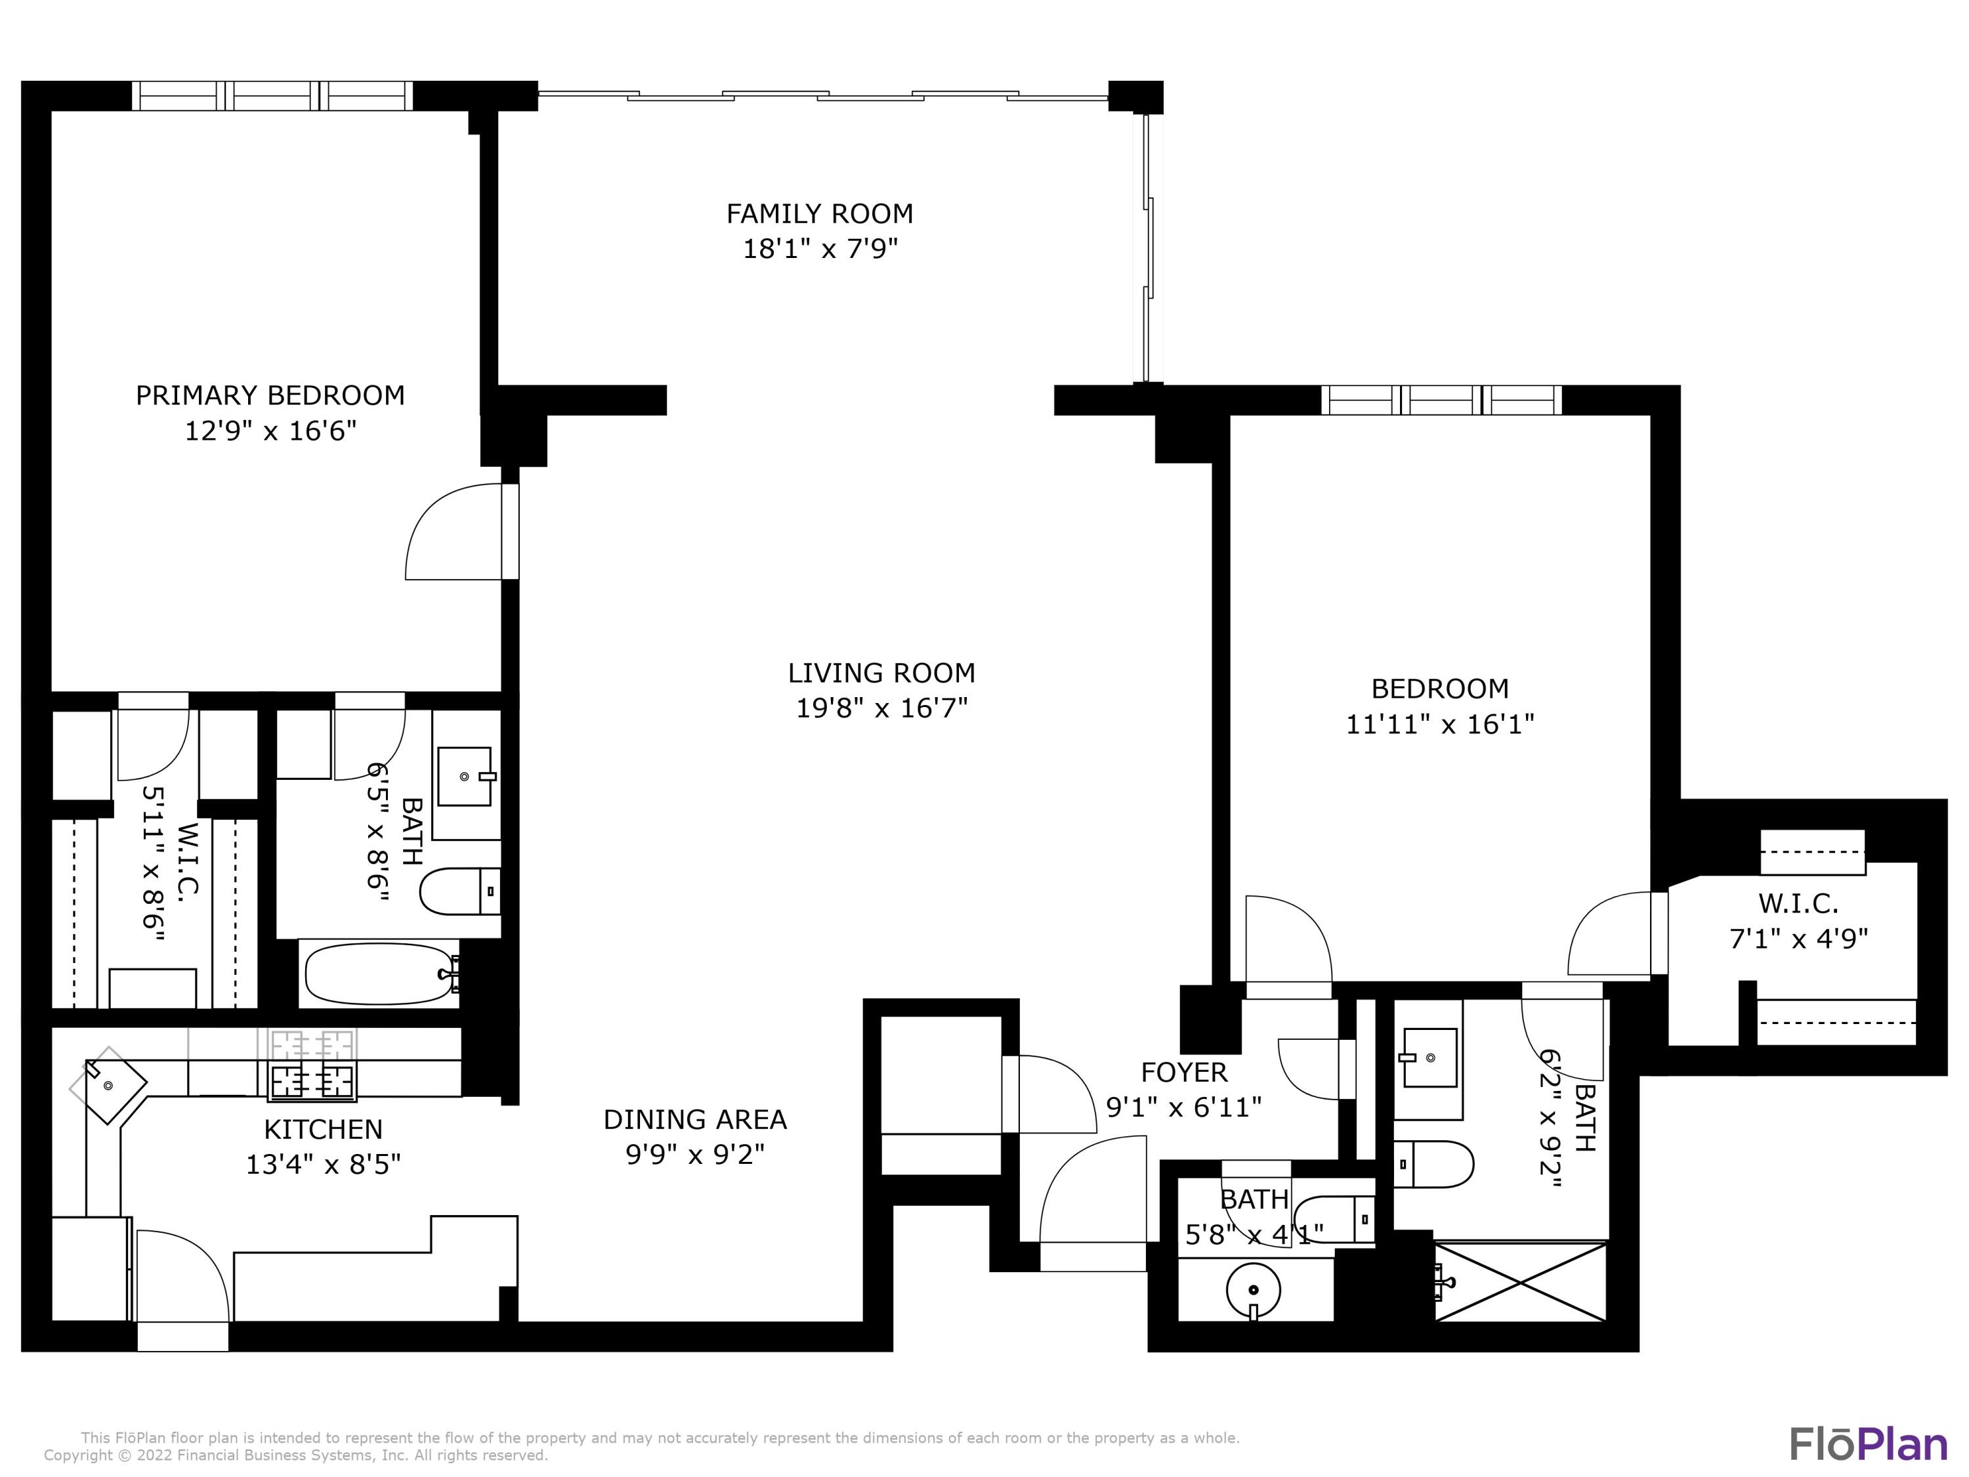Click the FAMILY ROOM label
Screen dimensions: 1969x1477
pyautogui.click(x=819, y=213)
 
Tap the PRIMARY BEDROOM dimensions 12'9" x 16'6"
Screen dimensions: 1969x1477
pyautogui.click(x=270, y=431)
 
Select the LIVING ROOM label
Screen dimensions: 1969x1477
pyautogui.click(x=881, y=672)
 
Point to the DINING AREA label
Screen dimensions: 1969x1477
pyautogui.click(x=695, y=1119)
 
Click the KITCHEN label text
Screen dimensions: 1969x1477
pyautogui.click(x=323, y=1129)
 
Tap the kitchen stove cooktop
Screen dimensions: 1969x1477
pyautogui.click(x=312, y=1065)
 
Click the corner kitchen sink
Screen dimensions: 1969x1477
pyautogui.click(x=108, y=1084)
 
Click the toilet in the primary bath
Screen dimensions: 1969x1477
pyautogui.click(x=459, y=892)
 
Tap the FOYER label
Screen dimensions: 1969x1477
pyautogui.click(x=1184, y=1072)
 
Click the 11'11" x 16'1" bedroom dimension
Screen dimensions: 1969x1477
pyautogui.click(x=1440, y=724)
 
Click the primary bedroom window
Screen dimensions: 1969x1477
pyautogui.click(x=272, y=95)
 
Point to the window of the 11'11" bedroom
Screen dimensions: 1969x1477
pyautogui.click(x=1441, y=400)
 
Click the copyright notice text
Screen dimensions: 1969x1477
pyautogui.click(x=297, y=1455)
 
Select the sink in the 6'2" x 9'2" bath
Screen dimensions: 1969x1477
pyautogui.click(x=1429, y=1058)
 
